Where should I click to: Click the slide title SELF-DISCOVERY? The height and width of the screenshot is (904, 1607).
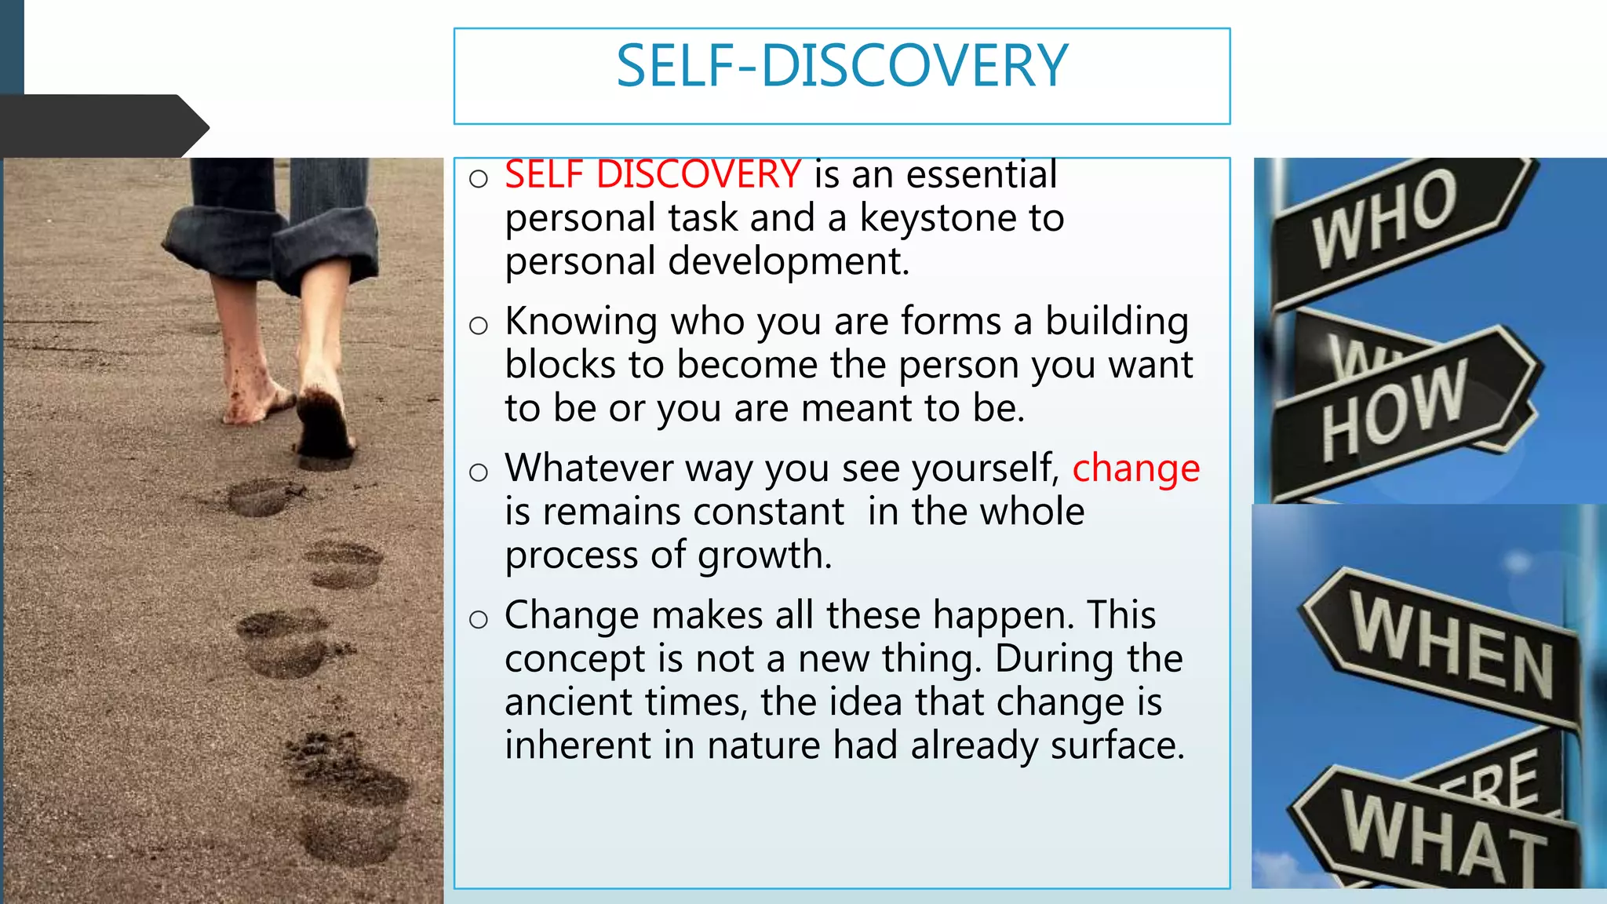842,66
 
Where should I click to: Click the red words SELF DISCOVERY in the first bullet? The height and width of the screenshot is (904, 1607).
652,174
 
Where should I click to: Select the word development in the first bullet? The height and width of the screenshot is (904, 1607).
788,261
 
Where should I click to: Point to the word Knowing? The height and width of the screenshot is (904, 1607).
581,322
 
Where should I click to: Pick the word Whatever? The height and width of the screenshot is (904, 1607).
589,468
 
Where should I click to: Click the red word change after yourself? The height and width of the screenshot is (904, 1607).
1135,468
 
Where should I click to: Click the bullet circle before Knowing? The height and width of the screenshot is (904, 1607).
478,325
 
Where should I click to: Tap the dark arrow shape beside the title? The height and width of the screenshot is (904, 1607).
102,126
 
